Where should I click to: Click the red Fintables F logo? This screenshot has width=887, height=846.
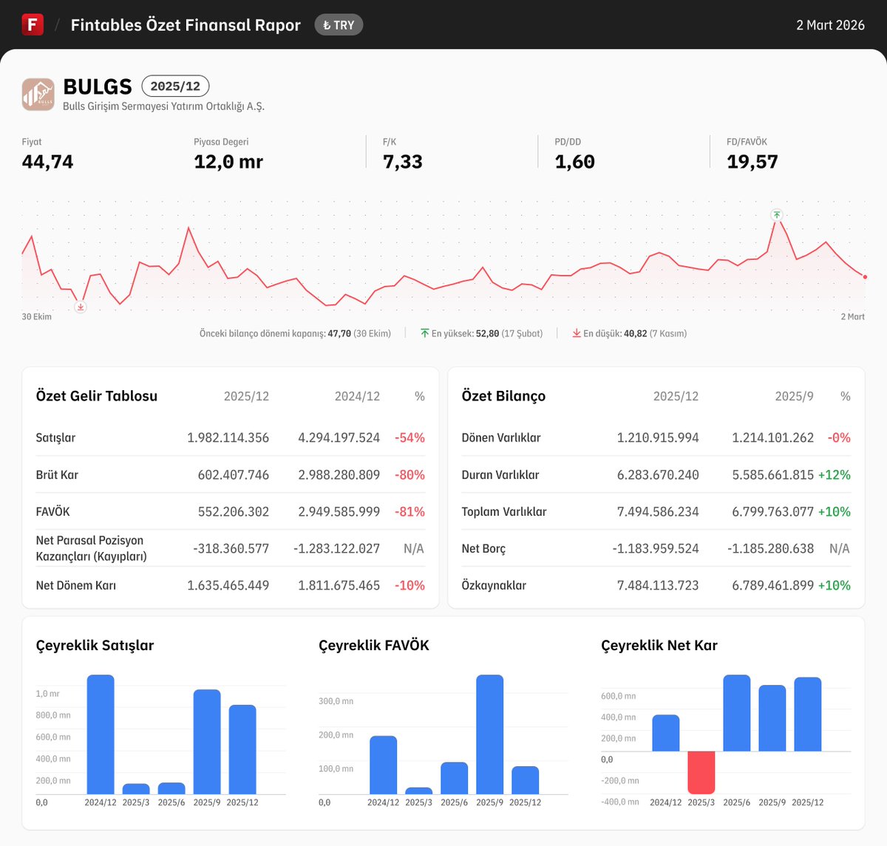33,24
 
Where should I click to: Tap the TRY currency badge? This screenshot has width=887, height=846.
339,25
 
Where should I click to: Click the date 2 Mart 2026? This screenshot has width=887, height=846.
830,25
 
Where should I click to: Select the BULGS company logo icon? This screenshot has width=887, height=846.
38,95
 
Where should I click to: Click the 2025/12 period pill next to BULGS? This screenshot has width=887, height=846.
175,86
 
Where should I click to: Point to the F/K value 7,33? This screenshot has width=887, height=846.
402,162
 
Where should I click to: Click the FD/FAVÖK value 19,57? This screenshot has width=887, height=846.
752,162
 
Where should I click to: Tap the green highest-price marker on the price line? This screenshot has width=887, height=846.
776,215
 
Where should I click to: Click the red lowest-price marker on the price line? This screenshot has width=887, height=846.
81,307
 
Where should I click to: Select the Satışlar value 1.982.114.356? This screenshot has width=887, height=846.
228,437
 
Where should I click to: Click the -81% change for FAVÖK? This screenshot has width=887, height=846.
409,511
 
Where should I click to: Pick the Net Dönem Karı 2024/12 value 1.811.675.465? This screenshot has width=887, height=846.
339,585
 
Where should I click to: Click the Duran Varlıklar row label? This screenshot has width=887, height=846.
500,474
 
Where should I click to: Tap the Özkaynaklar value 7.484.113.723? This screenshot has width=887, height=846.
657,585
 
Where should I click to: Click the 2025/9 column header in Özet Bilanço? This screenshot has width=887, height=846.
794,397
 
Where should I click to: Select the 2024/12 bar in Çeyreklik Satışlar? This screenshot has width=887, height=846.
101,734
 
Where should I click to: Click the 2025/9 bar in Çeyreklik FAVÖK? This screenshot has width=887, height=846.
489,734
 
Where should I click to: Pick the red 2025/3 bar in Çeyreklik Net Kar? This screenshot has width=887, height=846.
701,772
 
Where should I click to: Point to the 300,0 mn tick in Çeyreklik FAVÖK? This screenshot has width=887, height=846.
336,701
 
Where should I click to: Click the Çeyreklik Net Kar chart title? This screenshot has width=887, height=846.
659,645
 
